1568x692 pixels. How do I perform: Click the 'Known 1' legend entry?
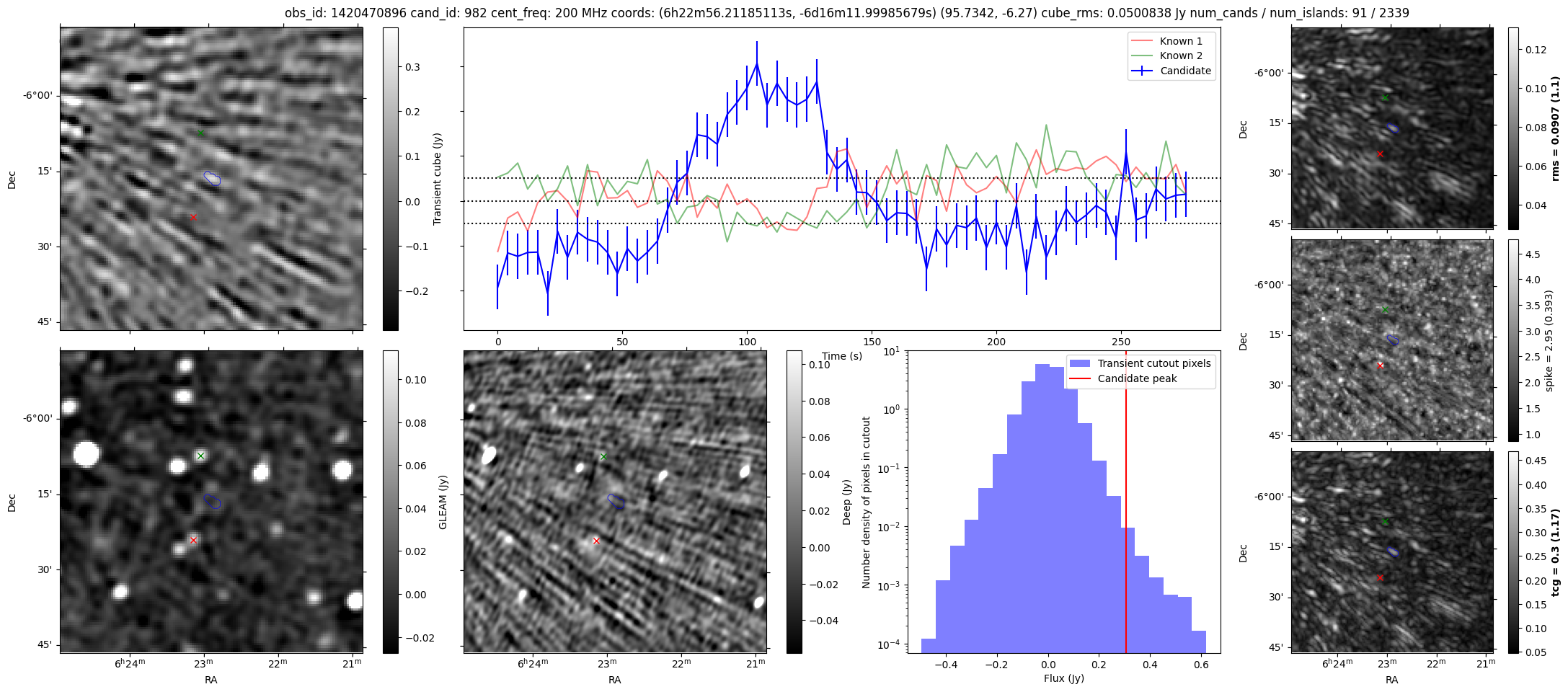(x=1180, y=41)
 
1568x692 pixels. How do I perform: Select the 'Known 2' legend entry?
(x=1180, y=56)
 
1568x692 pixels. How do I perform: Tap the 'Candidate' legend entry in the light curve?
(x=1185, y=71)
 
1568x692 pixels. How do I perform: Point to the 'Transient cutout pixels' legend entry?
(x=1153, y=363)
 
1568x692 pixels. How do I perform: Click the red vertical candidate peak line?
(x=1125, y=505)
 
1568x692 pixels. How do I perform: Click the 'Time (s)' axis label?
(x=842, y=356)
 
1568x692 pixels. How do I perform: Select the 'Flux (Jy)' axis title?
(x=1063, y=678)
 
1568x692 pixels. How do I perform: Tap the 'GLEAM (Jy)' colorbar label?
(x=443, y=502)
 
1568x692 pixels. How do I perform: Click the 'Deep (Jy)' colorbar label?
(x=846, y=502)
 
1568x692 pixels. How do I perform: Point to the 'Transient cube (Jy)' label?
(x=437, y=179)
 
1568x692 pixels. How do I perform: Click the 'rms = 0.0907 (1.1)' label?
(x=1555, y=128)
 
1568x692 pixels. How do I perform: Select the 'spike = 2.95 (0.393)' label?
(x=1549, y=340)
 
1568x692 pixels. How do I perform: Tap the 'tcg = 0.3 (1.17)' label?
(x=1555, y=552)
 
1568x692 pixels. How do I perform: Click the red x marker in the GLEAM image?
(x=193, y=540)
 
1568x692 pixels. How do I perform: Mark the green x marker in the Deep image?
(x=603, y=456)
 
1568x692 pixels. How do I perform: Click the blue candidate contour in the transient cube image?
(x=212, y=178)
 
